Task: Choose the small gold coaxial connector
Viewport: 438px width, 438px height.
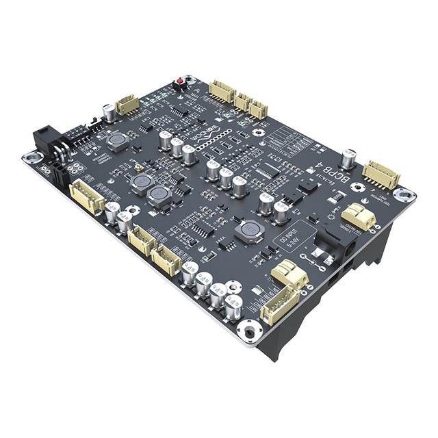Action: click(138, 167)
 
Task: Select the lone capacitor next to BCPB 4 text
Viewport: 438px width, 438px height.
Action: click(348, 159)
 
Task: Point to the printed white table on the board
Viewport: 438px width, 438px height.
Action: click(287, 140)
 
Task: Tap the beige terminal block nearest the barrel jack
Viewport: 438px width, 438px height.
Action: click(359, 217)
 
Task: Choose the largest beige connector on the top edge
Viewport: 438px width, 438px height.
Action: click(222, 90)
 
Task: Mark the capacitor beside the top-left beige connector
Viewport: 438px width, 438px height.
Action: click(108, 112)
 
